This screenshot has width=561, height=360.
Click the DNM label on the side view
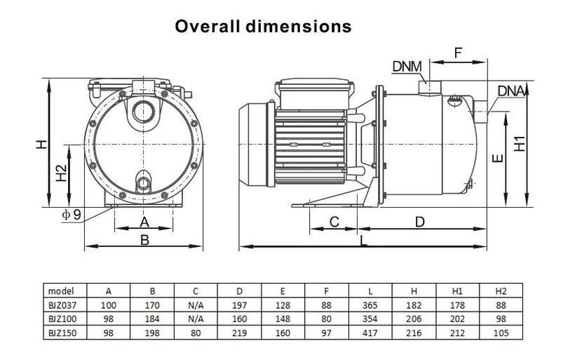(407, 67)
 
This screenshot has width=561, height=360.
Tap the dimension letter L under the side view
(362, 240)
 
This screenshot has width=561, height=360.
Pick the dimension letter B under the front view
(145, 239)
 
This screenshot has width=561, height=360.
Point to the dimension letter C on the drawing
(334, 222)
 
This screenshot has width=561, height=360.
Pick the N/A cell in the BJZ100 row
(196, 319)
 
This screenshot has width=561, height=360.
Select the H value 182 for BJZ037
(415, 305)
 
